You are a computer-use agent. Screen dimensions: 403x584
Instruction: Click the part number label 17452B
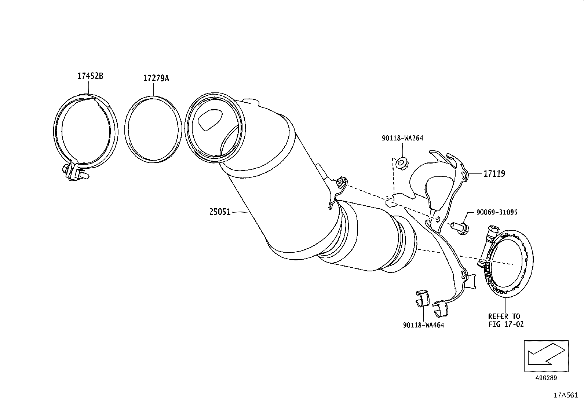point(90,76)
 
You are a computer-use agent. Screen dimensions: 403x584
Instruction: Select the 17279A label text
point(156,78)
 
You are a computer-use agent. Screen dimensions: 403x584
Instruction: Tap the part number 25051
point(220,212)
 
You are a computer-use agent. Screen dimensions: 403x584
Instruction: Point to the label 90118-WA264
point(402,138)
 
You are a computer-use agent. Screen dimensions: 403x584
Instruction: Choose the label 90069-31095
point(497,212)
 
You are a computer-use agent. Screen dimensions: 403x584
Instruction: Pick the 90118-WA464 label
point(423,325)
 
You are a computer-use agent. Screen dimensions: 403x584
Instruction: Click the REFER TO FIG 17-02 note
point(506,320)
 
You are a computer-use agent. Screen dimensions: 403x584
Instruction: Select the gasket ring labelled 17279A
point(153,129)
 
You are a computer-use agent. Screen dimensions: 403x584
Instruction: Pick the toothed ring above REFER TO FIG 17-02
point(509,259)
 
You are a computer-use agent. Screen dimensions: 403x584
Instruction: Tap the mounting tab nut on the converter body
point(340,181)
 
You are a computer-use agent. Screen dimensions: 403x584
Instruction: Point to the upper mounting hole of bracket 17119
point(464,175)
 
